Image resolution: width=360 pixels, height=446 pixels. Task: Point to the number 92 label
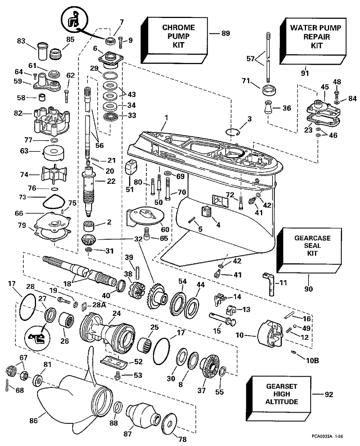click(329, 395)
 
